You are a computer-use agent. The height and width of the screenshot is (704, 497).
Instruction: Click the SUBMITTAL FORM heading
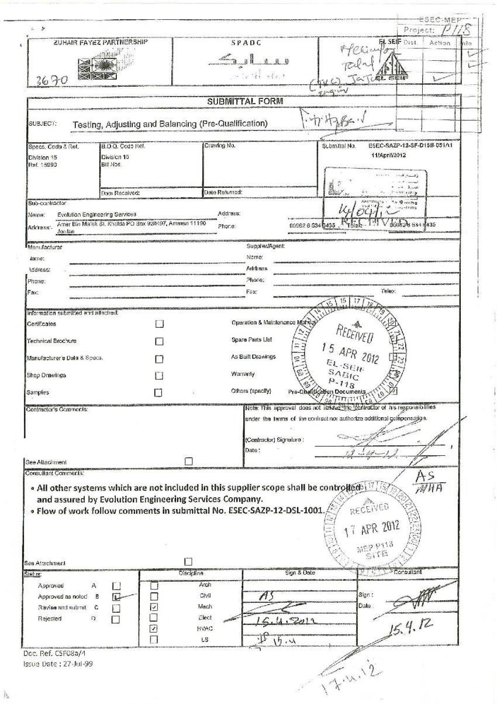point(245,102)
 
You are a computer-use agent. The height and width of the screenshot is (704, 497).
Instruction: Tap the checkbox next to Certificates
point(158,324)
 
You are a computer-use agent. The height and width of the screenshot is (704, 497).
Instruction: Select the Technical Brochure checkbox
point(158,341)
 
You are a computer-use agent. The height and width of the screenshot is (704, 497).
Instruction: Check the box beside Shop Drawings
point(158,376)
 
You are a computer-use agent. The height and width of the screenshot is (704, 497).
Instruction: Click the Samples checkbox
point(158,393)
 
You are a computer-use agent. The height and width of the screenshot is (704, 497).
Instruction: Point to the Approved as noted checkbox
point(116,597)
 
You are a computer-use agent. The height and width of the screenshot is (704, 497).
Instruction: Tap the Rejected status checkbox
point(116,619)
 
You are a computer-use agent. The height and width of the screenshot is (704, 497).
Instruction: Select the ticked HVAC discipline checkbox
point(154,629)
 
